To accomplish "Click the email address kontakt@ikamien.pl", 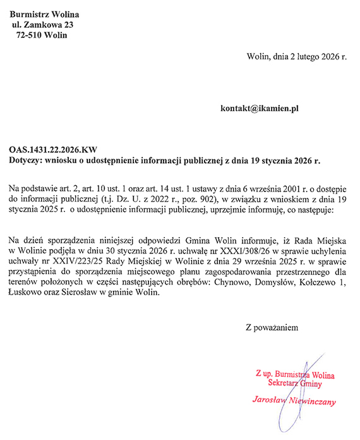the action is [259, 108].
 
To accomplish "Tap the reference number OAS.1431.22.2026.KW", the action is [53, 150].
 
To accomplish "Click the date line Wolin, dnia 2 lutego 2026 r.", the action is [297, 56].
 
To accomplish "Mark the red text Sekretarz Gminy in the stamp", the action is [295, 383].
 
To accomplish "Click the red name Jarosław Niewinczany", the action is [294, 401].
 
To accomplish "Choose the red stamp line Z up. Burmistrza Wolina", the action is [295, 374].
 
